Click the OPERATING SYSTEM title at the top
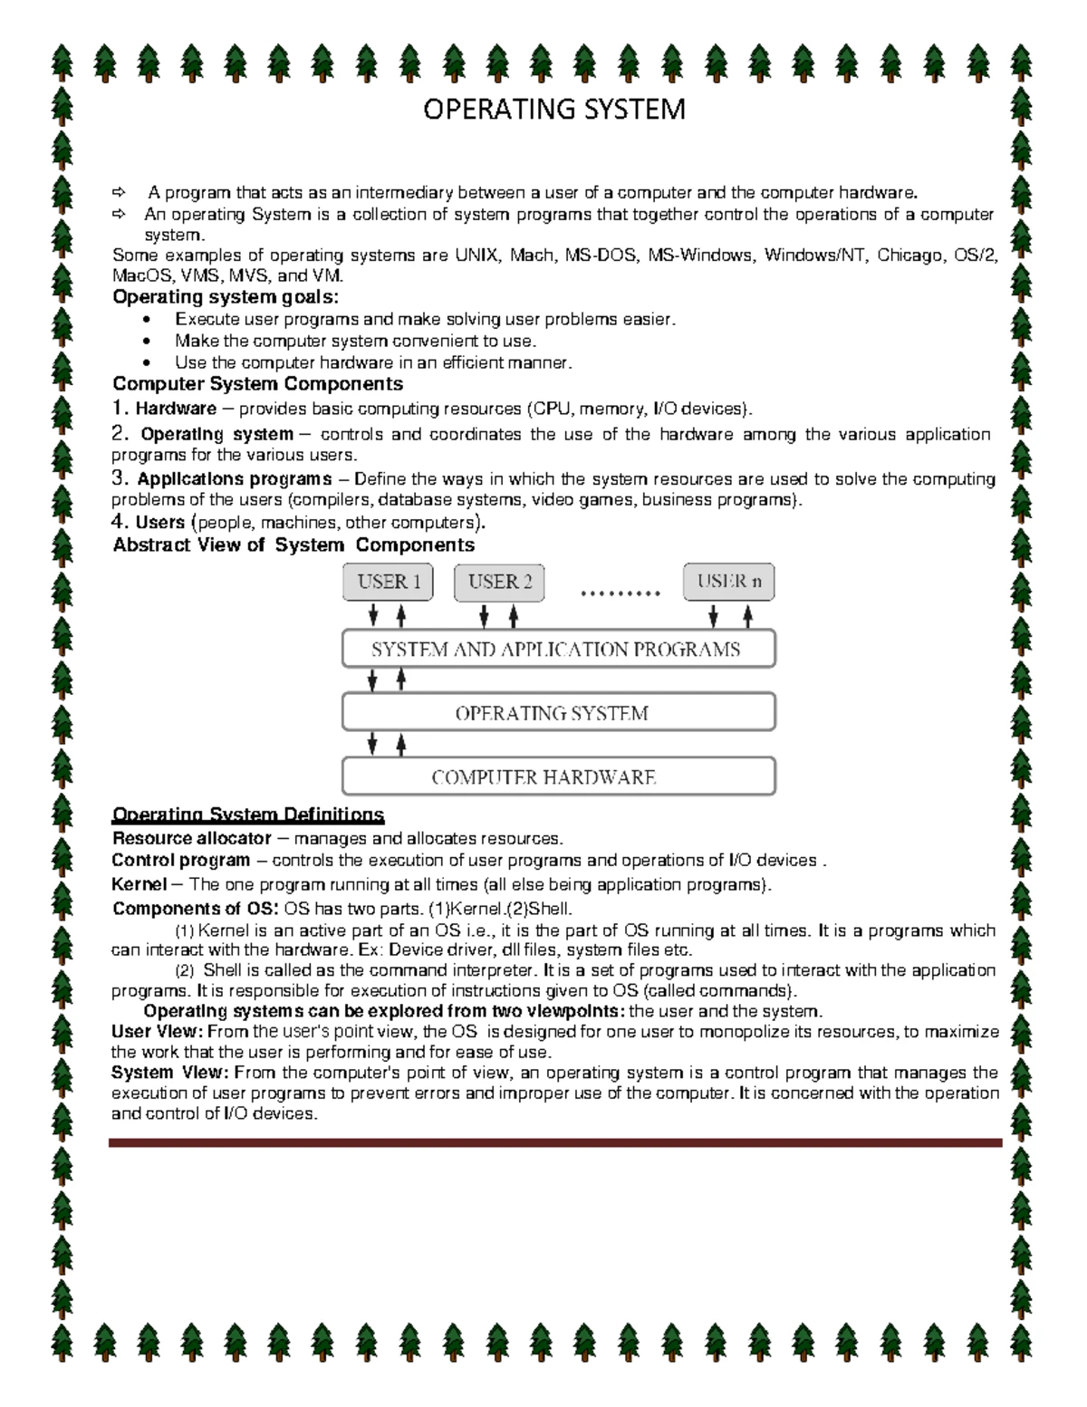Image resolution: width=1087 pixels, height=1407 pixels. point(554,110)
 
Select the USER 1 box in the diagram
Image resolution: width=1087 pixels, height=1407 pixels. point(389,582)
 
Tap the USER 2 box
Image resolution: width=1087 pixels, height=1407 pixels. point(499,582)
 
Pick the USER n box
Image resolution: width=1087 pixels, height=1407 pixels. point(728,582)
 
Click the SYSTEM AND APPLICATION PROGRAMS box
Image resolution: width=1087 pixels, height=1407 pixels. point(558,650)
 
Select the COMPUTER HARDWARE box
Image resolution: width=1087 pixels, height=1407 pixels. point(558,777)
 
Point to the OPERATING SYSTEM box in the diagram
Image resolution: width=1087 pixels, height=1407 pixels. point(558,713)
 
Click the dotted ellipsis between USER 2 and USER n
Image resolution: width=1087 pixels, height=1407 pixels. point(620,594)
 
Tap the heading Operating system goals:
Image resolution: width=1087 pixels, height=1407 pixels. point(226,297)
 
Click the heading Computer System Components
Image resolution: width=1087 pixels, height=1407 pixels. point(257,383)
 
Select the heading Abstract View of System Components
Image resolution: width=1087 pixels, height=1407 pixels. point(293,544)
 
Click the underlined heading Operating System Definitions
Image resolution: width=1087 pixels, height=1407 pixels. point(247,814)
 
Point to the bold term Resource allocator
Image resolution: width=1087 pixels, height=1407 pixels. point(191,838)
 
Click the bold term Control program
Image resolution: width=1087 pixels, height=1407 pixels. point(180,860)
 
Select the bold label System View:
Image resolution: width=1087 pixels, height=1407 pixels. point(169,1073)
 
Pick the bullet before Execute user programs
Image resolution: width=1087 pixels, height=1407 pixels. point(149,320)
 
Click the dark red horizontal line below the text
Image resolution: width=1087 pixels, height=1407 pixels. point(554,1143)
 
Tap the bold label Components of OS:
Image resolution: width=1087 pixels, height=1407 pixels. point(196,909)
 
